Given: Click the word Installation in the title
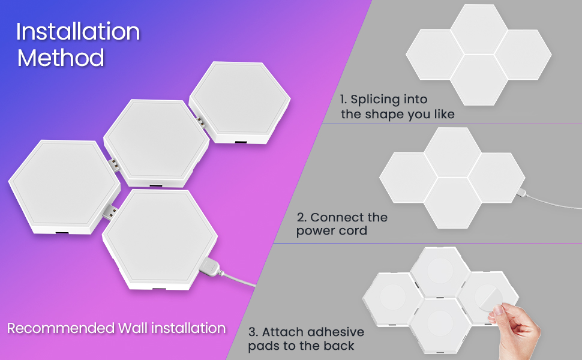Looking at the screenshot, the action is point(78,32).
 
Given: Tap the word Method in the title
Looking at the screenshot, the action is point(61,58).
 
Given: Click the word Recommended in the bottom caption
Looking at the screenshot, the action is point(61,328).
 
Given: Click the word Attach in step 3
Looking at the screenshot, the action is point(283,332).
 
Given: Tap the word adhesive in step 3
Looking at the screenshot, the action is point(336,332).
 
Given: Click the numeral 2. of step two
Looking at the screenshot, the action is point(302,217).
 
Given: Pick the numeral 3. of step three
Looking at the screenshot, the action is point(253,332).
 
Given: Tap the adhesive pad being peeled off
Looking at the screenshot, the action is point(488,298).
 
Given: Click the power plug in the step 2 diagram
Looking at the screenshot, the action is point(521,193).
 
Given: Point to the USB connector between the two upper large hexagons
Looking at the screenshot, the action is point(201,123).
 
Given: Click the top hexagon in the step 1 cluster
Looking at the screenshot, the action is point(479,29).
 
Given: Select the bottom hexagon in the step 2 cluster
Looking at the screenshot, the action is point(452,203).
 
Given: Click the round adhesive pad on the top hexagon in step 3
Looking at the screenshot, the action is point(440,271).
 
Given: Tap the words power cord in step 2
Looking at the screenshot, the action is point(331,231).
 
